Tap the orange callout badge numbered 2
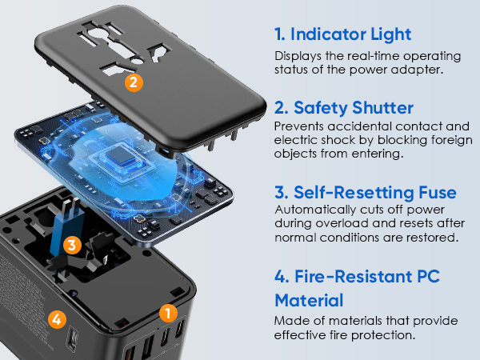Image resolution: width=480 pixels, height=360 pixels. (134, 81)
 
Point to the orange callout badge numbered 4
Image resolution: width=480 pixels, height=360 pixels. (55, 318)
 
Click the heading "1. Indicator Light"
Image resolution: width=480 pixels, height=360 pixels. (342, 34)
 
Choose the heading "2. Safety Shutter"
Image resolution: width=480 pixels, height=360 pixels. (345, 107)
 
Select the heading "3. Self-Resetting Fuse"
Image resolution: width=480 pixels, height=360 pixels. (365, 193)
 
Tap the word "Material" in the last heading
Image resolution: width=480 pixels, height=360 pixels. (309, 301)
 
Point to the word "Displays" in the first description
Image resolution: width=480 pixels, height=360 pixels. (298, 57)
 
